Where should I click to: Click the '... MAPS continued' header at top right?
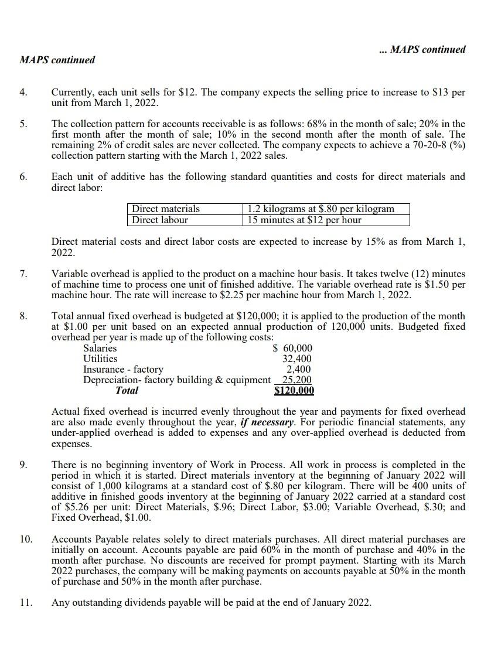pyautogui.click(x=422, y=49)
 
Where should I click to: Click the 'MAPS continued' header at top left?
pyautogui.click(x=57, y=60)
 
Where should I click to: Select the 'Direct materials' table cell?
pyautogui.click(x=166, y=209)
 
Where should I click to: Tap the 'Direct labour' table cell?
pyautogui.click(x=160, y=220)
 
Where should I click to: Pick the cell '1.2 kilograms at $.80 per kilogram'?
pyautogui.click(x=320, y=209)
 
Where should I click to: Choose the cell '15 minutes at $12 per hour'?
pyautogui.click(x=305, y=220)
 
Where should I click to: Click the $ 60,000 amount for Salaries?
pyautogui.click(x=293, y=349)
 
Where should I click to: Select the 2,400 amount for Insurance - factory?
pyautogui.click(x=299, y=369)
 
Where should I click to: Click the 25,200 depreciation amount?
pyautogui.click(x=296, y=380)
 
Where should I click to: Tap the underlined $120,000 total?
pyautogui.click(x=294, y=391)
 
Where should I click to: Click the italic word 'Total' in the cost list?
pyautogui.click(x=127, y=390)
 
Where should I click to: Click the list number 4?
pyautogui.click(x=24, y=93)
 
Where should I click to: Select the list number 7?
pyautogui.click(x=24, y=274)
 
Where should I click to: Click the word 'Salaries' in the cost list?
pyautogui.click(x=100, y=349)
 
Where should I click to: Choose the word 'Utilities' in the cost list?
pyautogui.click(x=100, y=359)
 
